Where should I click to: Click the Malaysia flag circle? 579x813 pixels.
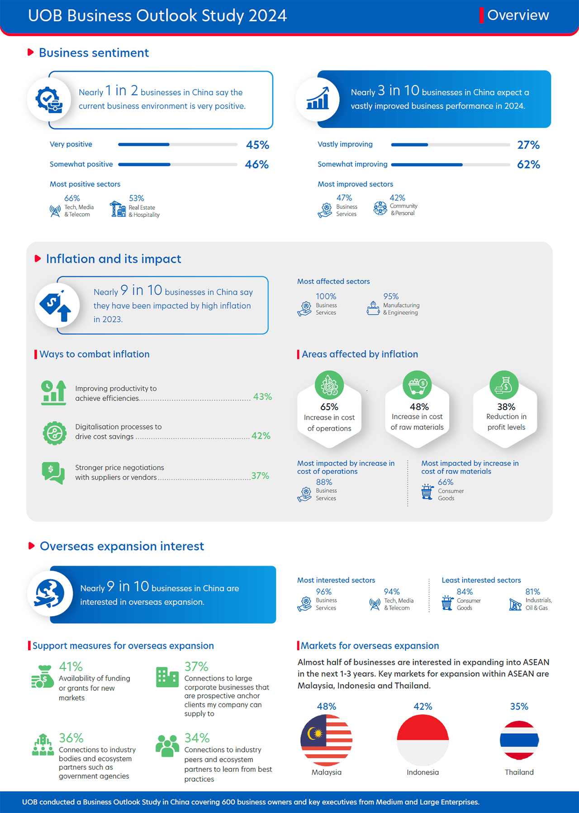326,740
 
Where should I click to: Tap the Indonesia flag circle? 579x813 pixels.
422,740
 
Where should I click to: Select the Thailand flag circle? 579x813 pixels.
519,740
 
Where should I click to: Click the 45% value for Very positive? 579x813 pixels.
257,145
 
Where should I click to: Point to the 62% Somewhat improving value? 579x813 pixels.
528,165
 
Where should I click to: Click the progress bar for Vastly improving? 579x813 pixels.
450,145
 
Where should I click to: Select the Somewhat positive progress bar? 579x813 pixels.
177,165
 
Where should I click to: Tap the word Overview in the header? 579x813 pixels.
518,15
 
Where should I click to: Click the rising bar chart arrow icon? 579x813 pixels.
318,99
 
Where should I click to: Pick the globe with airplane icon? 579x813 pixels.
50,593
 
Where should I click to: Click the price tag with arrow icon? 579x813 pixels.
57,305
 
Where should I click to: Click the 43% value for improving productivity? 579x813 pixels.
262,397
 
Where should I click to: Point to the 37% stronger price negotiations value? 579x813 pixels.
260,476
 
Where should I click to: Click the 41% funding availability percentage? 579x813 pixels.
71,666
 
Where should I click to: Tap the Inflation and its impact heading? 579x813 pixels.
114,259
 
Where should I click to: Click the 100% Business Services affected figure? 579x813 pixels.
326,297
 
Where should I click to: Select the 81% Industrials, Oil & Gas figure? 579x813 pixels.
532,591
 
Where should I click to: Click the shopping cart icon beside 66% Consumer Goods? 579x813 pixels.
427,492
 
